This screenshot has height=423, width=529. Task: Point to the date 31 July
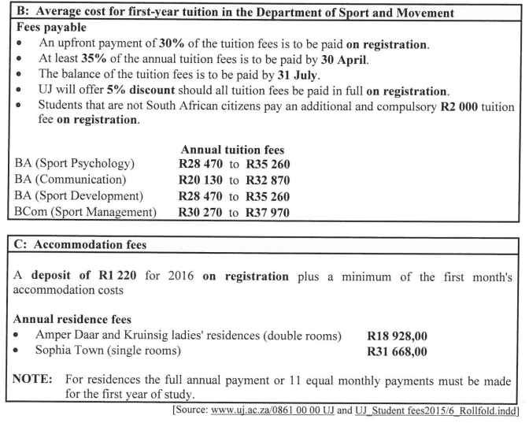[327, 77]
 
